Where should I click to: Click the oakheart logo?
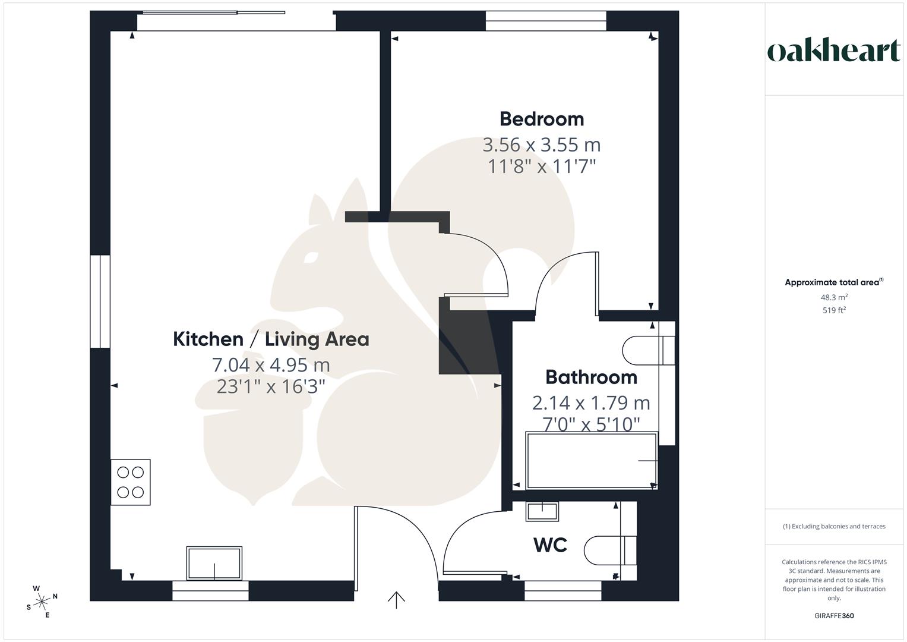pos(834,51)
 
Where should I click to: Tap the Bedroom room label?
pos(542,119)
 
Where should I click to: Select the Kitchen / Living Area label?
pos(271,339)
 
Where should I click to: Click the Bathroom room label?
pos(591,377)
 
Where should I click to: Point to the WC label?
pos(550,545)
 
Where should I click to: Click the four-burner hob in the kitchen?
pos(131,482)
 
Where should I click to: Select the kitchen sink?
pos(214,563)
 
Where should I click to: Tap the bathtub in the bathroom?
pos(592,461)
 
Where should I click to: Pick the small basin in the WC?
pos(542,511)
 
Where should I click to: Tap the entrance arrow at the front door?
pos(396,599)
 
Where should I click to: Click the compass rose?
pos(42,602)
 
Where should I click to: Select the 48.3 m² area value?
pos(834,297)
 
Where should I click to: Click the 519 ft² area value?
pos(834,310)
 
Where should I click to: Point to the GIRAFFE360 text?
pos(834,616)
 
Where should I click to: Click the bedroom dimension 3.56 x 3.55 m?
pos(541,144)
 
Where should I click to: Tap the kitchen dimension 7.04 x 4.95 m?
pos(271,364)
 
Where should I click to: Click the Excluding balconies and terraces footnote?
pos(834,526)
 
